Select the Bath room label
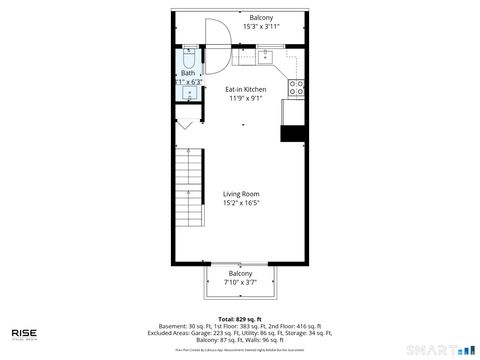[188, 73]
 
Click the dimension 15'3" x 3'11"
[261, 27]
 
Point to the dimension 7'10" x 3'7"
[240, 282]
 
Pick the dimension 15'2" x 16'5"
[240, 203]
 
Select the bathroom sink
[188, 93]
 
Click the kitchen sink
[264, 57]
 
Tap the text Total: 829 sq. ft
[240, 318]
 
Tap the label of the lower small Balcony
[240, 273]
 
